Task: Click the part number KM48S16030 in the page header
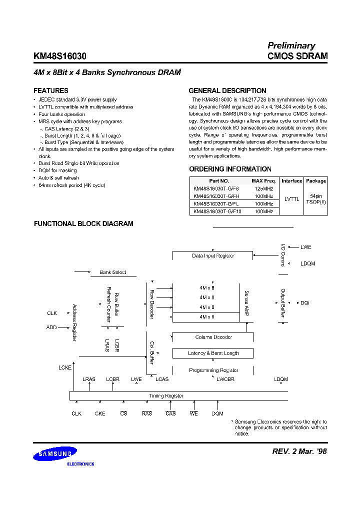tap(60, 56)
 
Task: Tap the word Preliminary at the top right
tap(291, 45)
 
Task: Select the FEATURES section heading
tap(50, 91)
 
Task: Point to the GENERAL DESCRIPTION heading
tap(227, 91)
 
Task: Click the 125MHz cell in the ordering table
tap(263, 188)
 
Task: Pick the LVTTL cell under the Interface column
tap(291, 199)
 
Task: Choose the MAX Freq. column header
tap(263, 180)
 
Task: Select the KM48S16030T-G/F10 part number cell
tap(217, 211)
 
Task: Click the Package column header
tap(315, 180)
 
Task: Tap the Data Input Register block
tap(213, 256)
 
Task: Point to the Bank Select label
tap(112, 272)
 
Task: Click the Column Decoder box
tap(213, 337)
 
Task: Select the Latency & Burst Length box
tap(213, 353)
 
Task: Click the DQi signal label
tap(304, 303)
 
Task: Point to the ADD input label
tap(51, 328)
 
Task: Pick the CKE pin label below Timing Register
tap(100, 414)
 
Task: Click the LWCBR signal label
tap(225, 379)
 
